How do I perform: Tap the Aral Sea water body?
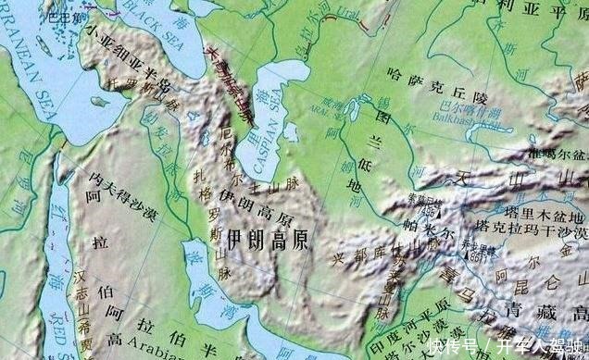352,111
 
